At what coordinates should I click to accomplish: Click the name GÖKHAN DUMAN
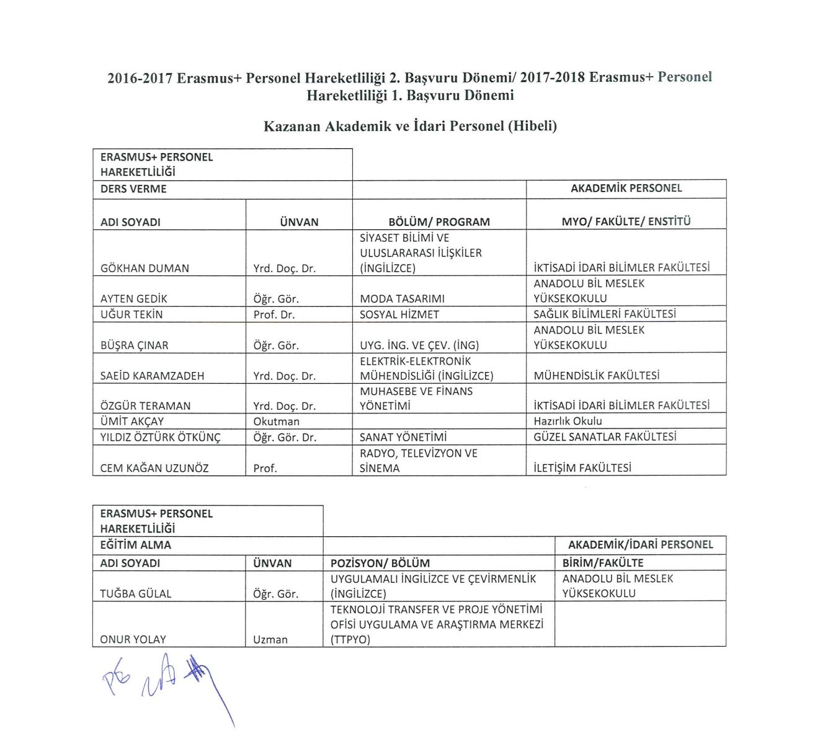145,268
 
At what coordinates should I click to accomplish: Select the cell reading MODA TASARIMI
402,299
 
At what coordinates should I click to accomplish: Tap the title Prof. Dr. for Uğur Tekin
275,314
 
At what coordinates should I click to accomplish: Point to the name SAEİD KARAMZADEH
152,376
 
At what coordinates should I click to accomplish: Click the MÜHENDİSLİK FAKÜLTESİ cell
596,376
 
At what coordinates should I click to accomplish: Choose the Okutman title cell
276,422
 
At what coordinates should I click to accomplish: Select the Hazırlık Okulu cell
568,422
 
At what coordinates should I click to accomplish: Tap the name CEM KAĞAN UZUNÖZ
154,468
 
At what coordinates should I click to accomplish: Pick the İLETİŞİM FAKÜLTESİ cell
582,468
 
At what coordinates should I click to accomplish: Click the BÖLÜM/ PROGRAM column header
439,222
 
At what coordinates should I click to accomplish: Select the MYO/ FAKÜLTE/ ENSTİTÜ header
626,221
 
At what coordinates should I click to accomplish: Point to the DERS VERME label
133,189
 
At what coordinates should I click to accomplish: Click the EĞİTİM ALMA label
135,545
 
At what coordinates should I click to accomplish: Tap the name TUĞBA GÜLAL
135,593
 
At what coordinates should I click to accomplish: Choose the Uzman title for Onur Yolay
270,639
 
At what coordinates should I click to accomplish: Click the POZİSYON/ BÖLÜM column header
380,563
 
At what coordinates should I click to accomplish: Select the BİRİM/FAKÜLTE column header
602,563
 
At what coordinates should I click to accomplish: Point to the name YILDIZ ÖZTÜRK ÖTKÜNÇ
160,437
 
